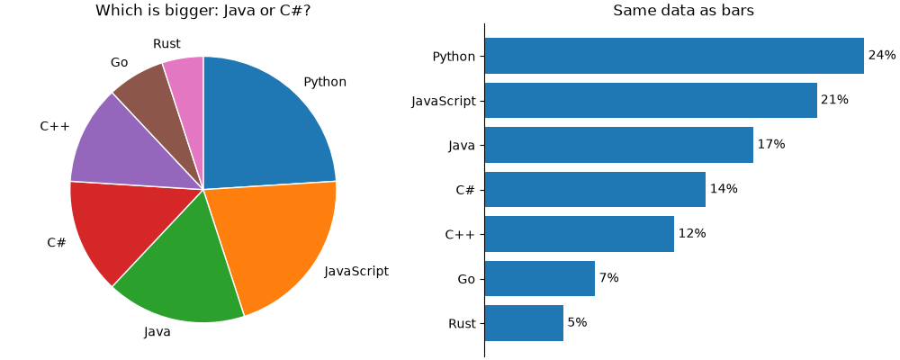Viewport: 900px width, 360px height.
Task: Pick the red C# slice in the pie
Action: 115,229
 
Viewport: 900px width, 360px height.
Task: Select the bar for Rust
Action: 524,323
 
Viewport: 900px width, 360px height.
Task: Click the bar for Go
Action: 539,278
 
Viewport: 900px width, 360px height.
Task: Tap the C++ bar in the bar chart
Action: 579,234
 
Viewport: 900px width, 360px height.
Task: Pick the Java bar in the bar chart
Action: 619,145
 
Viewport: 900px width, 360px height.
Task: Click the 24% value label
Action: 882,55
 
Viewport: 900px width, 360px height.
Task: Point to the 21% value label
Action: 834,100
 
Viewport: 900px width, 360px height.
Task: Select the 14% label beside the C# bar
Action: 724,189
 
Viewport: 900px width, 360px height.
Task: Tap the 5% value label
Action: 578,323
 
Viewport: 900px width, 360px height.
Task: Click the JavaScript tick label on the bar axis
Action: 444,102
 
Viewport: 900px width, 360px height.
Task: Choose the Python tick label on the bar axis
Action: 454,57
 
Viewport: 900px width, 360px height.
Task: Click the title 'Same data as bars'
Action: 684,10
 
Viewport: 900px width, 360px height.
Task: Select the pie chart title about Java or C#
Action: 203,10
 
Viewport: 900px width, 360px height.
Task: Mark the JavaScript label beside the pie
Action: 356,271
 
